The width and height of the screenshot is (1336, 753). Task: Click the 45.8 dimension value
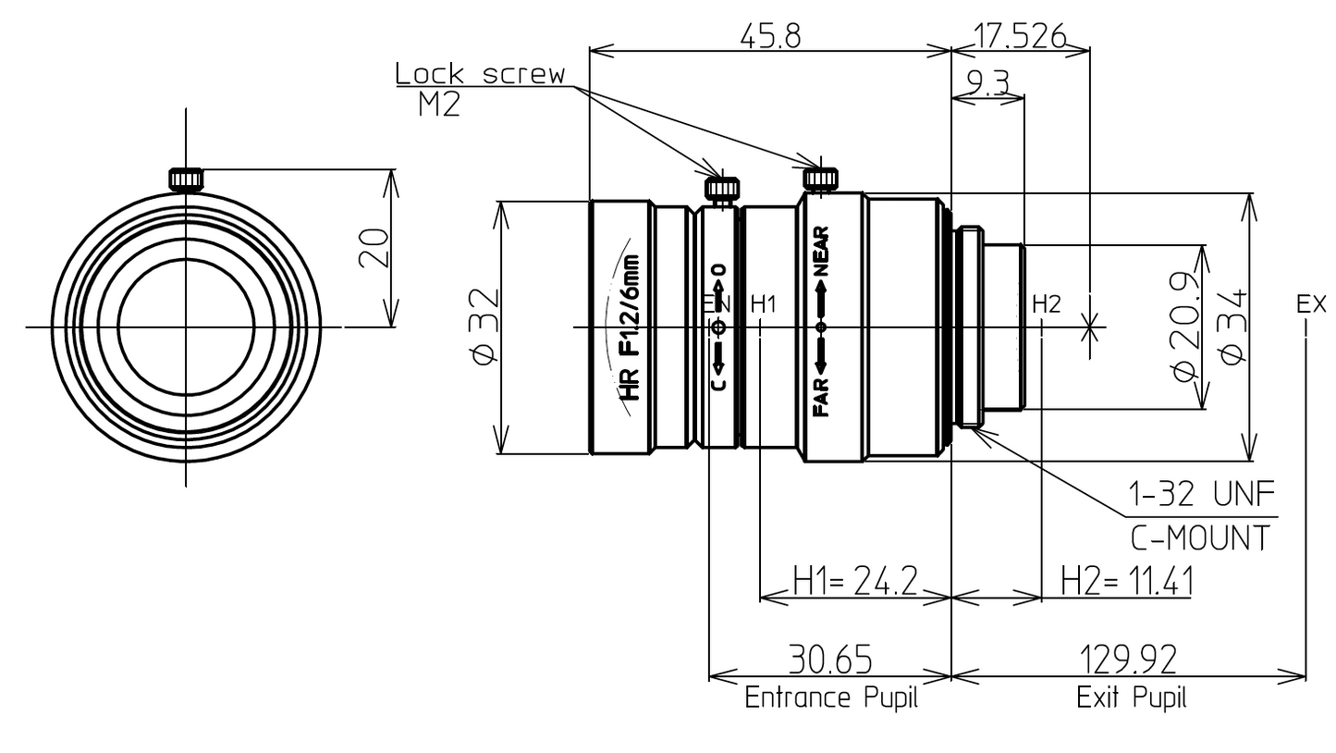point(770,36)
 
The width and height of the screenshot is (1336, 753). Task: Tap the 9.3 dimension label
point(988,82)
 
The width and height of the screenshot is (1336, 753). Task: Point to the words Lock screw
point(480,74)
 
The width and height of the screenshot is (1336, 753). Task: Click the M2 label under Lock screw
point(439,105)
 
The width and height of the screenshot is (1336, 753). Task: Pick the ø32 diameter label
point(484,326)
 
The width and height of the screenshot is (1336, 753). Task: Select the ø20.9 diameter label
point(1184,326)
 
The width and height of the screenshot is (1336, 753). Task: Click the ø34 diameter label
point(1233,327)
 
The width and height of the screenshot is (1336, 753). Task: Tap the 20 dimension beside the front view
point(374,248)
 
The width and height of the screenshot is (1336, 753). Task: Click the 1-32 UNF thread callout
point(1202,494)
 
